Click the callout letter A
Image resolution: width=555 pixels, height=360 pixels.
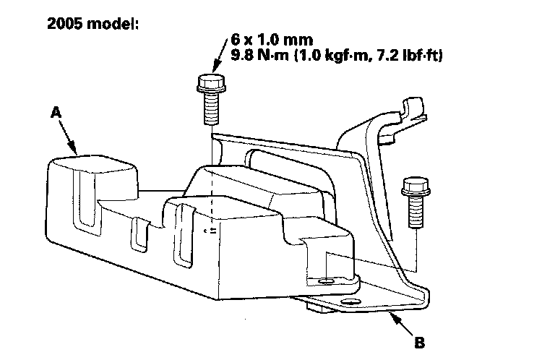coord(56,112)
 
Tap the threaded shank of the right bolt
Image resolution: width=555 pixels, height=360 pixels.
coord(415,211)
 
